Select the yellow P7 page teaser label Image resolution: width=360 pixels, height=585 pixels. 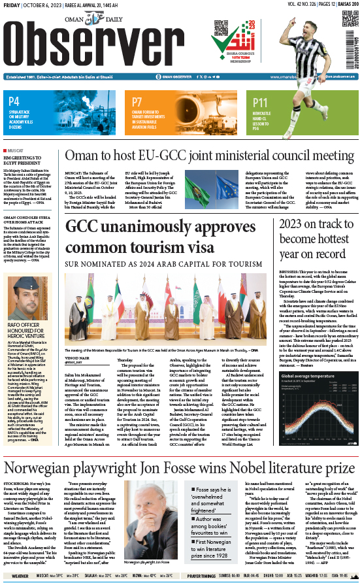[137, 102]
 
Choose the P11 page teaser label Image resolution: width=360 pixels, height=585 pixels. [261, 103]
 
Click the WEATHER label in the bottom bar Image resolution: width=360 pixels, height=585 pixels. [20, 576]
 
